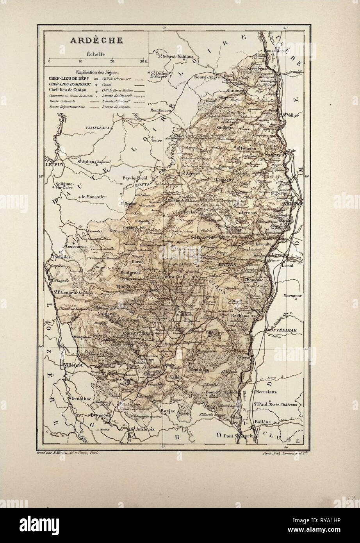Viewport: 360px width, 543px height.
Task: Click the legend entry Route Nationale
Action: pyautogui.click(x=62, y=101)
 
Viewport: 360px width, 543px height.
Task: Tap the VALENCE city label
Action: pyautogui.click(x=294, y=204)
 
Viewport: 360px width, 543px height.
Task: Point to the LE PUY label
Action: pyautogui.click(x=54, y=165)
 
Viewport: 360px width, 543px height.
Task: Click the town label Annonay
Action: pyautogui.click(x=233, y=90)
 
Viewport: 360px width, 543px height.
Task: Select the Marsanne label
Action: pyautogui.click(x=293, y=296)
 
